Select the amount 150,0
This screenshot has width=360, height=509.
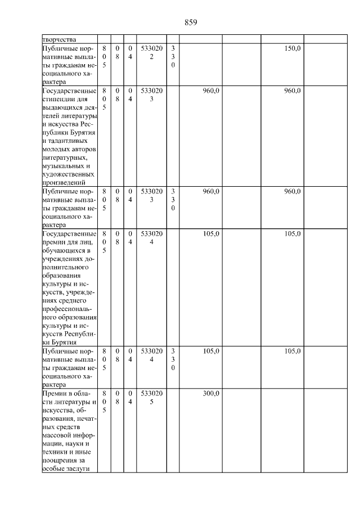(x=292, y=49)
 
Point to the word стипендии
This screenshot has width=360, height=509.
(x=59, y=99)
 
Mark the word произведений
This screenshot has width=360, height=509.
(x=64, y=182)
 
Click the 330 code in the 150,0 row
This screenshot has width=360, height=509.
(x=173, y=57)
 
